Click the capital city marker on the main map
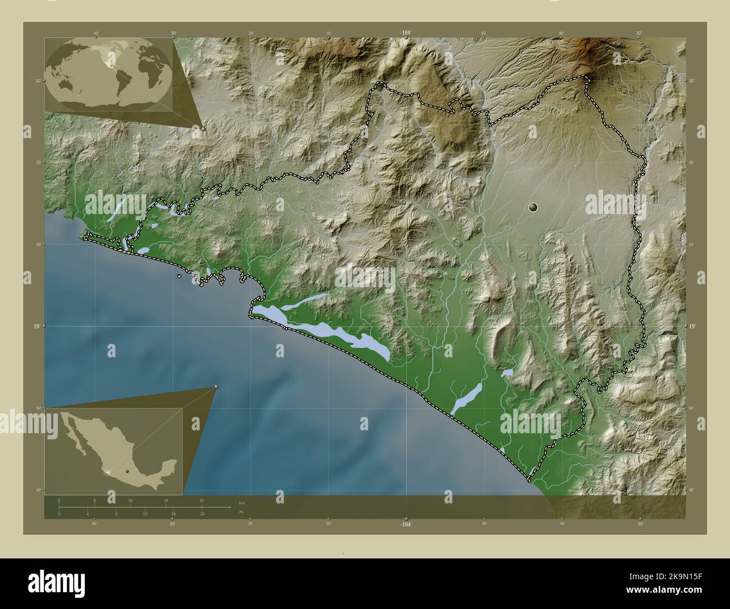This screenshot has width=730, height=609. point(533,207)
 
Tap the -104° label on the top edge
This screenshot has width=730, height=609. point(406,33)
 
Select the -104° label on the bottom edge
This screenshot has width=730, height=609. point(406,524)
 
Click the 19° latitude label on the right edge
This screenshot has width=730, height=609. point(692,326)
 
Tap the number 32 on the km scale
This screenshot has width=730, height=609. point(202,500)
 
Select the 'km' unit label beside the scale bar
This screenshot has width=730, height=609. point(241,502)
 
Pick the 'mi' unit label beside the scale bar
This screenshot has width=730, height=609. point(241,512)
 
